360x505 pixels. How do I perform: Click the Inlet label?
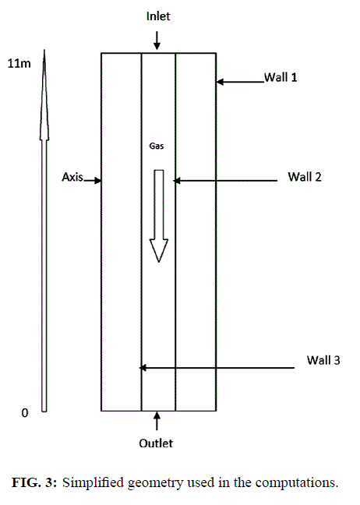point(158,16)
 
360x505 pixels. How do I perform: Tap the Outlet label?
point(156,443)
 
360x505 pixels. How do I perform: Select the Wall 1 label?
point(281,77)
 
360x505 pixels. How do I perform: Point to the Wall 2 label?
point(305,177)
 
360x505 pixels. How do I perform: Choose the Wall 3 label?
point(323,360)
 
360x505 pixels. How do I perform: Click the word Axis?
point(72,177)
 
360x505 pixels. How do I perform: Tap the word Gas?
point(157,146)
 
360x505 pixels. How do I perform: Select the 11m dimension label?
point(19,63)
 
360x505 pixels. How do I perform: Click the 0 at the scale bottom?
point(25,413)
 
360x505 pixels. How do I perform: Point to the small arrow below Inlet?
point(157,41)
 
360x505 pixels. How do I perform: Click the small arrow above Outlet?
point(157,421)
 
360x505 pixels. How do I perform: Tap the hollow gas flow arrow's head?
point(159,251)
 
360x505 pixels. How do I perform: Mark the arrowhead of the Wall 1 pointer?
point(221,82)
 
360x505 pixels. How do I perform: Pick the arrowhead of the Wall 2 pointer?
point(177,181)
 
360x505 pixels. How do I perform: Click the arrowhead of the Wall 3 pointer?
point(143,368)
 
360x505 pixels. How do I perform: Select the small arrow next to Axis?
point(93,180)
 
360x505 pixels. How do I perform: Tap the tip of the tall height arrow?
point(44,50)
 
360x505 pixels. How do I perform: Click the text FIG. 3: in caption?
point(34,482)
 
